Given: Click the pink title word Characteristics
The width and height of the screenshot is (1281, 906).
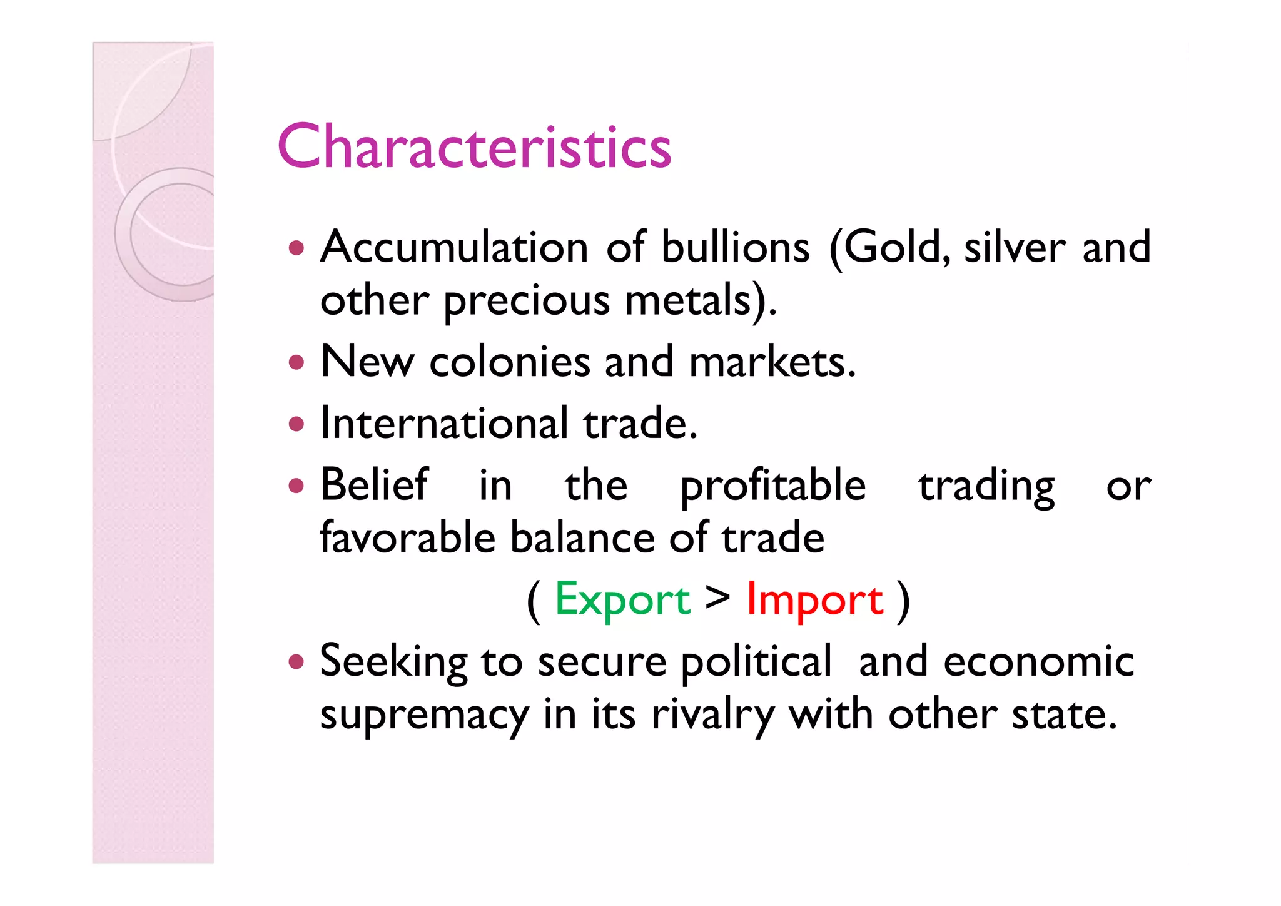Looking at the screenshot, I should [x=474, y=146].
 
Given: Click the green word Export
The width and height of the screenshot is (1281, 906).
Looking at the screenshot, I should [x=622, y=599].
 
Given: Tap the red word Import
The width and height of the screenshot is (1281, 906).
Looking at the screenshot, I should [x=815, y=599].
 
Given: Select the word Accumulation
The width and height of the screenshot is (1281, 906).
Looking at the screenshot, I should [x=454, y=247].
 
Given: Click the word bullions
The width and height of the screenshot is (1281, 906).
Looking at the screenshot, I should [x=736, y=247].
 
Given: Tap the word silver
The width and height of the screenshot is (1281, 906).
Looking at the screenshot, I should [x=1015, y=247].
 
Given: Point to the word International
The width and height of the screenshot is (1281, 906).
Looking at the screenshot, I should [x=444, y=423].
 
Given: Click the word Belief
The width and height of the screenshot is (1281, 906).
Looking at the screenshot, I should [x=374, y=484].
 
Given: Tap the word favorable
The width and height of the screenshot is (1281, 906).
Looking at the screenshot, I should [x=407, y=537].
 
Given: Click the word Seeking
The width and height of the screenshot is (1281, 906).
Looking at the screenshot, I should [x=393, y=662].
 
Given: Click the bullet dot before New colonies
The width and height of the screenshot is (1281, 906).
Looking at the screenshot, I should [x=296, y=362].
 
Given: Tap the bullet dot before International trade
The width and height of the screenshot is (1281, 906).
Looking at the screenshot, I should [x=296, y=424].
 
